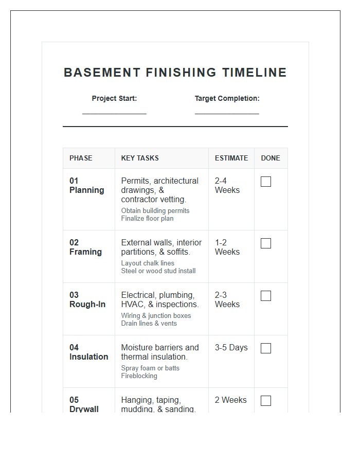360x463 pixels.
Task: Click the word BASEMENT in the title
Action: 102,73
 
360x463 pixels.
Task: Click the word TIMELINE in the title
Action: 255,73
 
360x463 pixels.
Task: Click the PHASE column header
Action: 81,158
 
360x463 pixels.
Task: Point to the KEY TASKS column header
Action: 140,158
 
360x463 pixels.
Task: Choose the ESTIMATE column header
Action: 231,158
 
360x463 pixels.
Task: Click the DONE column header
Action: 271,158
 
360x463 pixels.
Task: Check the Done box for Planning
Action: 266,182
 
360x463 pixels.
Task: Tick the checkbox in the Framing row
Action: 266,243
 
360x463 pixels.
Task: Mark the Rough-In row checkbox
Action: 266,296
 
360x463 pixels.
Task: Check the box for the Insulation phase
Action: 266,348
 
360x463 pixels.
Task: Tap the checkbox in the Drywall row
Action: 266,401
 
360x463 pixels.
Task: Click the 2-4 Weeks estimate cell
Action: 227,185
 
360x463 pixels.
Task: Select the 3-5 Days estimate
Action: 231,348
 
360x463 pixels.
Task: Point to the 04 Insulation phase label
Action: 88,352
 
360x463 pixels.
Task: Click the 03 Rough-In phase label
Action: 87,300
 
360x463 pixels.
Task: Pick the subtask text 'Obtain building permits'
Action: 155,210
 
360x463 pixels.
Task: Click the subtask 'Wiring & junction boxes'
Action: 156,315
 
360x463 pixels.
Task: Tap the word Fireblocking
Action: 139,376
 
